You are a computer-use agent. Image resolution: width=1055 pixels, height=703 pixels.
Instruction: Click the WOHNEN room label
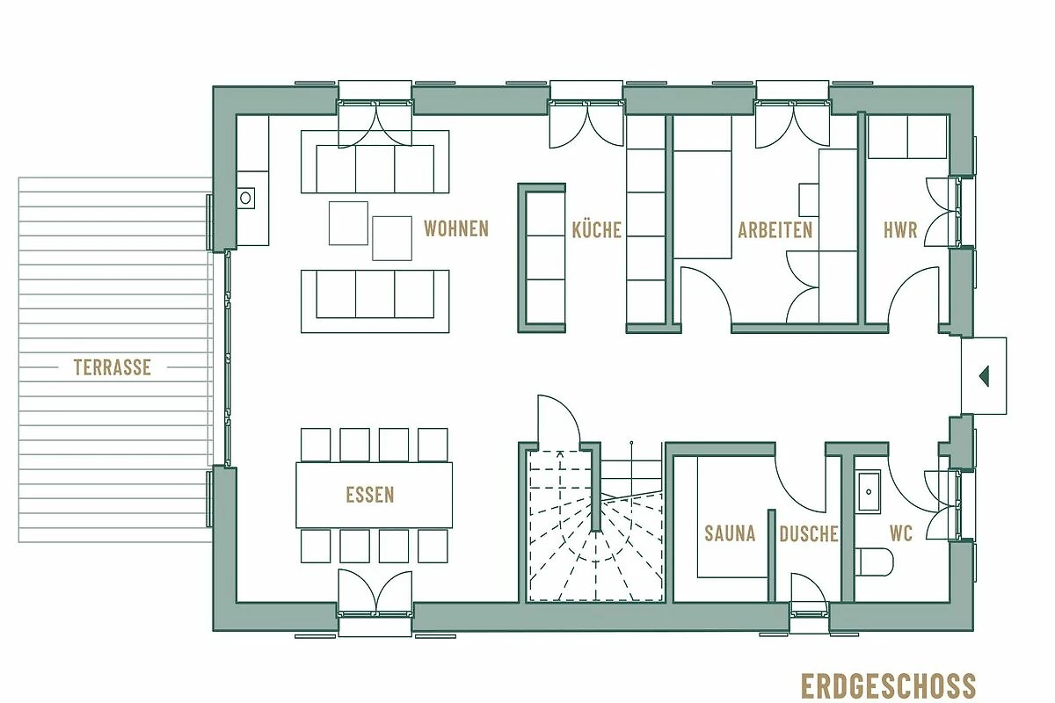click(456, 228)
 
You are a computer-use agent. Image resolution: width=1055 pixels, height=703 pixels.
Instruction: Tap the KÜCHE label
click(597, 229)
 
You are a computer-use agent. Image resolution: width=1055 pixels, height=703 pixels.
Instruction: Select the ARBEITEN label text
click(775, 230)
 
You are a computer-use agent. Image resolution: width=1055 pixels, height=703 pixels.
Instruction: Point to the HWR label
click(900, 230)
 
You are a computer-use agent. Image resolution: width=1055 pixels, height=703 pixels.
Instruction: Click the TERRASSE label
click(113, 367)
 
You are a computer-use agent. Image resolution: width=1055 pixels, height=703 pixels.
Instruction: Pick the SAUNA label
click(730, 533)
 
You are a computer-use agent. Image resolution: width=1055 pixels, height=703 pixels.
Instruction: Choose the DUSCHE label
click(809, 533)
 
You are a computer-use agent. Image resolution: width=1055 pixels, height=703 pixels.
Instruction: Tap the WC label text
click(901, 533)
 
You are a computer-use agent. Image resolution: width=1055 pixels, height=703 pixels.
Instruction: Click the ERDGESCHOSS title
click(888, 685)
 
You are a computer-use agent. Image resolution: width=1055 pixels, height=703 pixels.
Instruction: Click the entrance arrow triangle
click(984, 376)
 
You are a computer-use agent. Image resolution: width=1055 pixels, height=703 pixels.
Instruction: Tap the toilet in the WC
click(874, 562)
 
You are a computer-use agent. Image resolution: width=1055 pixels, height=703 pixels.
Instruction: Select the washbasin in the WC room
click(869, 491)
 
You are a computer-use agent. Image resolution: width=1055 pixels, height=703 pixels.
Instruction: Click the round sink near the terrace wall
click(245, 198)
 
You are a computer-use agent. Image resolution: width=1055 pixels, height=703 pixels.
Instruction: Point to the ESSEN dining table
click(374, 495)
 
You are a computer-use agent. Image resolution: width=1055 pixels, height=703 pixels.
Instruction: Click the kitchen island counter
click(542, 258)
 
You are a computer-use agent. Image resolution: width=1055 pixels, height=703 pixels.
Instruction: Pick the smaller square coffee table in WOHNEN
click(348, 223)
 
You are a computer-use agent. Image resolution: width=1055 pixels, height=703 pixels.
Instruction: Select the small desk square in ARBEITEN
click(809, 199)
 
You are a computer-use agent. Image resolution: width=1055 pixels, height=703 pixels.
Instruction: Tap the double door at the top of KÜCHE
click(587, 123)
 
